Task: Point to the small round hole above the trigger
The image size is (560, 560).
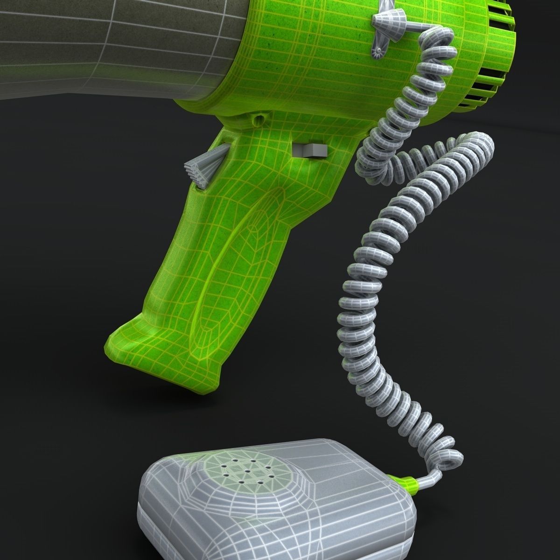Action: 258,119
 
